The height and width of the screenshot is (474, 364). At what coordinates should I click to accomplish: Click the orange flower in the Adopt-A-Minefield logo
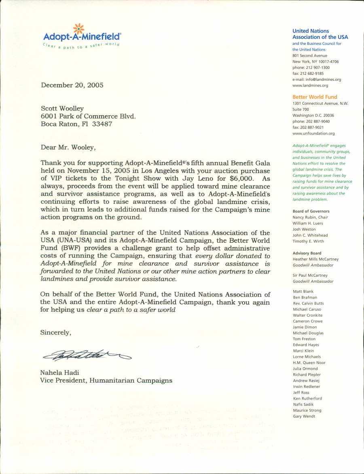[x=78, y=29]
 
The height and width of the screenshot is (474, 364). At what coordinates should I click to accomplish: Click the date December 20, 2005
[x=72, y=85]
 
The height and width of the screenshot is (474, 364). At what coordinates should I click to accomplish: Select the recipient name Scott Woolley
[x=62, y=108]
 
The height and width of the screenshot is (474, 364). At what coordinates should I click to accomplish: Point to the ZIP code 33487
[x=103, y=124]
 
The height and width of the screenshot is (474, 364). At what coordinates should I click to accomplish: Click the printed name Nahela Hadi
[x=59, y=372]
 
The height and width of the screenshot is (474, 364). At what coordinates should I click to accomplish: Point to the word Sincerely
[x=56, y=332]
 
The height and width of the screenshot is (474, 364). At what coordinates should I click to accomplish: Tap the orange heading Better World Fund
[x=314, y=97]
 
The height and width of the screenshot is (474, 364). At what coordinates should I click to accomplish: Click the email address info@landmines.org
[x=322, y=80]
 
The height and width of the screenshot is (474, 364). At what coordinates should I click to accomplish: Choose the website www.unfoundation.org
[x=313, y=133]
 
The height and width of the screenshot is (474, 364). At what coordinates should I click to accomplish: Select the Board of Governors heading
[x=311, y=212]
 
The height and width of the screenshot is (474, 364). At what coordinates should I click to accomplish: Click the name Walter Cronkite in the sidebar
[x=307, y=315]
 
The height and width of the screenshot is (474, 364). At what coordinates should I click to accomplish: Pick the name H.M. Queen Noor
[x=309, y=363]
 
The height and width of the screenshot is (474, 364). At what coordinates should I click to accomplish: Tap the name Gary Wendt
[x=304, y=417]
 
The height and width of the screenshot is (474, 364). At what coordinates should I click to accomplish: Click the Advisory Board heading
[x=307, y=254]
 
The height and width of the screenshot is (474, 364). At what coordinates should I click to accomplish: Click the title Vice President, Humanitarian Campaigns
[x=106, y=381]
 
